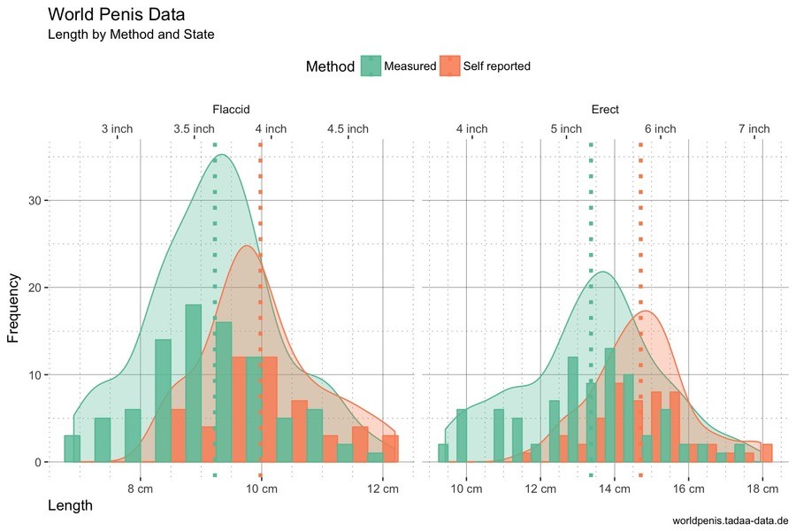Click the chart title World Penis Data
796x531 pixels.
116,14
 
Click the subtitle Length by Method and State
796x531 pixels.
131,35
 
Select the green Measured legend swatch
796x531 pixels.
371,66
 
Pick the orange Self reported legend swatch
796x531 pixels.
450,66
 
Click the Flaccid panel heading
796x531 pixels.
231,110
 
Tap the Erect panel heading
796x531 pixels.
605,110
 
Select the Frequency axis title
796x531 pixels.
13,308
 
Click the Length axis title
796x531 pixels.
69,505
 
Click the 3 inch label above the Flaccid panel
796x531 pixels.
117,129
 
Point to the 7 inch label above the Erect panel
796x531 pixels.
754,129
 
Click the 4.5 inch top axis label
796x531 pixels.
348,129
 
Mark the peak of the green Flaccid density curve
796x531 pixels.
221,156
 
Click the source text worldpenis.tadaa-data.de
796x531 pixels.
731,520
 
